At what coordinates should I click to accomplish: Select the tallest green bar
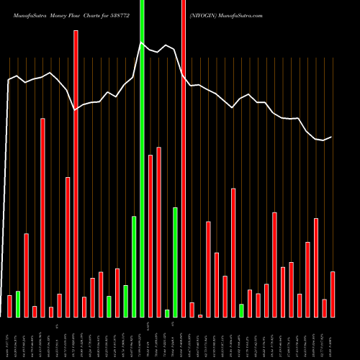click(142, 158)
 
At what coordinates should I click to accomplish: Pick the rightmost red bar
click(333, 294)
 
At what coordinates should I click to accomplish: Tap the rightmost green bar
click(241, 310)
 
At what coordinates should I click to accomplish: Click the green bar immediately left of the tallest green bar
click(134, 266)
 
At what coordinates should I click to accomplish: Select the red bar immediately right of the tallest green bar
click(150, 235)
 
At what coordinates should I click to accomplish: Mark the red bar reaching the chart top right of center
click(184, 158)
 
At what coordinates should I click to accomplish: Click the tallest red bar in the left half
click(76, 173)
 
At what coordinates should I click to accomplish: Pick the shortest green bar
click(167, 313)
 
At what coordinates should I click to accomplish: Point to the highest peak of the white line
click(142, 42)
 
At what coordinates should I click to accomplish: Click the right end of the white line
click(331, 137)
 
